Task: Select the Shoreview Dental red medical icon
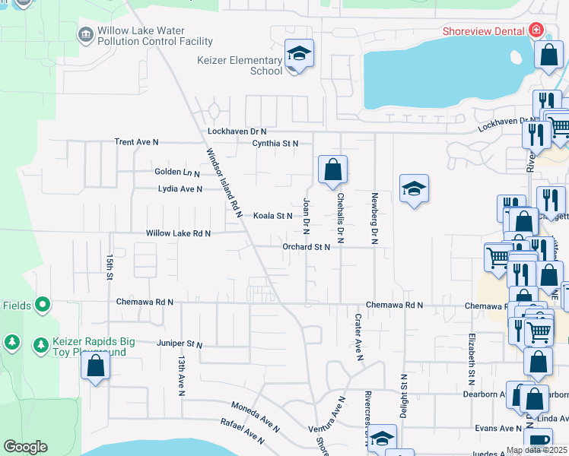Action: (536, 30)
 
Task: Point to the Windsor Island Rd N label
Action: (224, 182)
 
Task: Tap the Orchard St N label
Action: (306, 247)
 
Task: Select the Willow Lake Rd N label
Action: (178, 233)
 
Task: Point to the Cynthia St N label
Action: (275, 143)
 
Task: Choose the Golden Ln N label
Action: (176, 173)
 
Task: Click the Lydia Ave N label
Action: (180, 189)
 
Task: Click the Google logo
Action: (25, 447)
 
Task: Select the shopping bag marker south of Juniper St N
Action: (95, 366)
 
